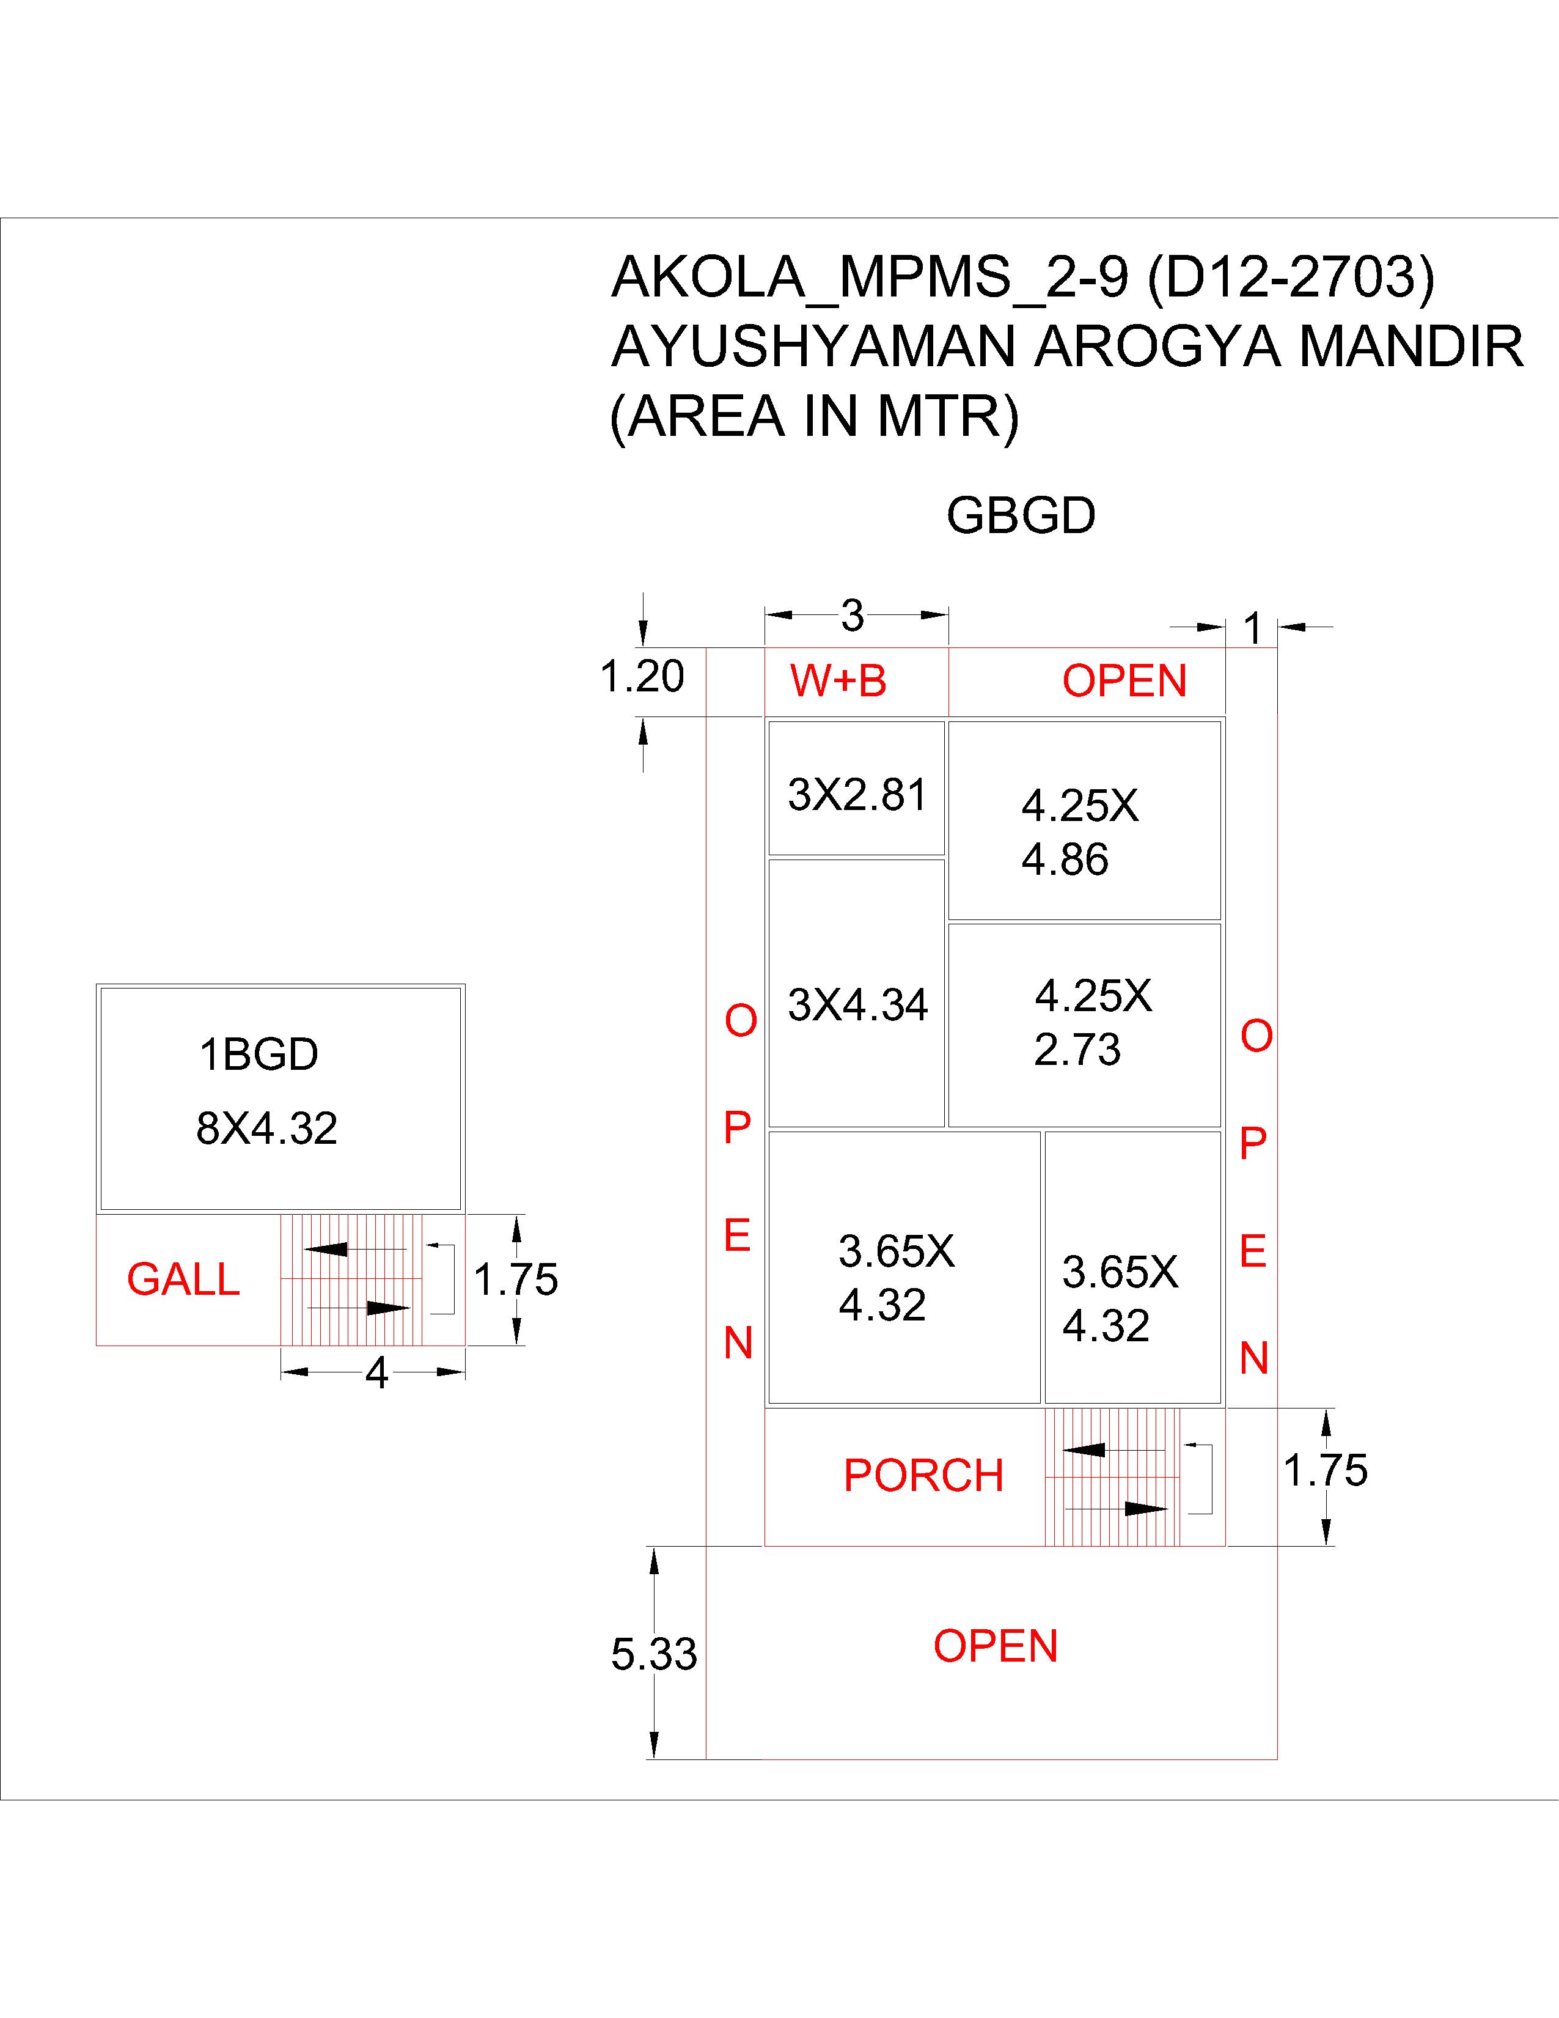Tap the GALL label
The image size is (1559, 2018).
point(183,1279)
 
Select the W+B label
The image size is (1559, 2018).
point(838,681)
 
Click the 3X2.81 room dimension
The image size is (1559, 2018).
point(857,795)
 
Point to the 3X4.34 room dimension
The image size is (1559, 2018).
point(857,1004)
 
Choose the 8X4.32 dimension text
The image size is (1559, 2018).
point(267,1128)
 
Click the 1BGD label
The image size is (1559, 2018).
point(259,1055)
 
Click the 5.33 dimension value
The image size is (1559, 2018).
point(654,1654)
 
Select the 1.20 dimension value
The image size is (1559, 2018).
point(642,676)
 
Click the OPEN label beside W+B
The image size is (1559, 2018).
point(1124,681)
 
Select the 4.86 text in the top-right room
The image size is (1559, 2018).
point(1064,860)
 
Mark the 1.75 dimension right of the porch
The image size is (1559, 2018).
point(1326,1470)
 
